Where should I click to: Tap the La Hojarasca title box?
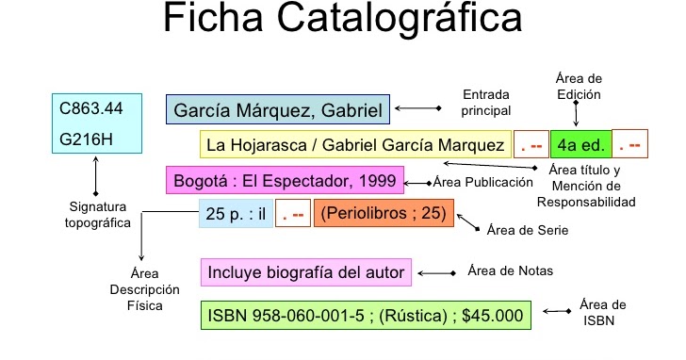[355, 145]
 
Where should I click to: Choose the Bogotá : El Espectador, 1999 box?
[286, 179]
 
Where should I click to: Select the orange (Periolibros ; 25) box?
[383, 213]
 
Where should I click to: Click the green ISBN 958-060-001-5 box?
[366, 316]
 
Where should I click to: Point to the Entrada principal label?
[486, 103]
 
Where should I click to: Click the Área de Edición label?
[578, 86]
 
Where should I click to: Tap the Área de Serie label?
[529, 230]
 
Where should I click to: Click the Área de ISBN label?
[604, 311]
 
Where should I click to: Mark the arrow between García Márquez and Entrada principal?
[416, 111]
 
